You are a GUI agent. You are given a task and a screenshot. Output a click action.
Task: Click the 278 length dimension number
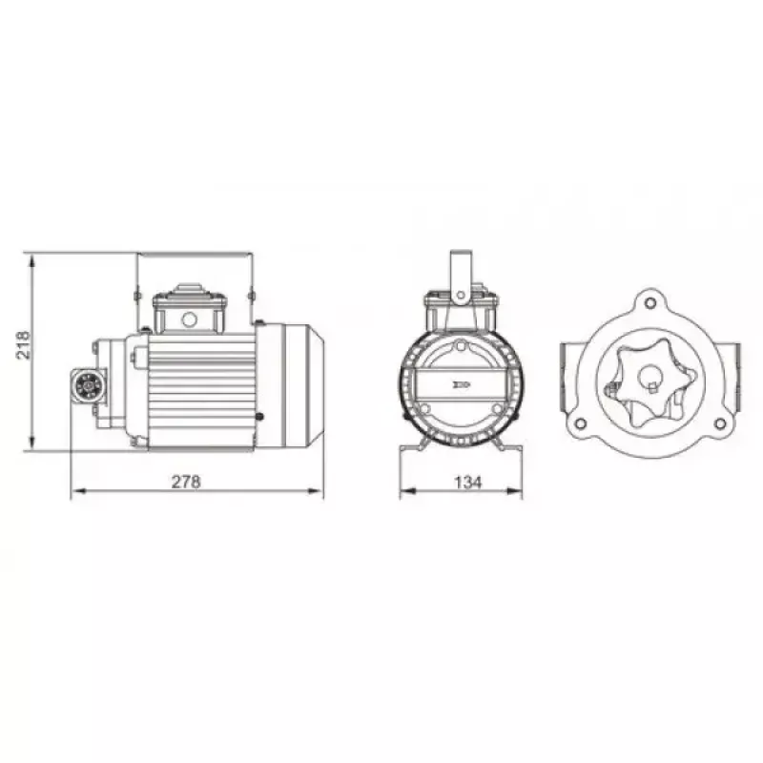pos(186,482)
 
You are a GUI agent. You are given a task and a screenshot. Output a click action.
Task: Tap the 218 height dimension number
pos(23,345)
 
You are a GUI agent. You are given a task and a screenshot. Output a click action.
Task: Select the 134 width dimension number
pos(467,483)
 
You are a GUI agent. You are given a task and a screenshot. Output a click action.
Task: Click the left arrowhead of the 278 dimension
pos(79,490)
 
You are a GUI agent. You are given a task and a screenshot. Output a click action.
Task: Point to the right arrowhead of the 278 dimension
pos(316,490)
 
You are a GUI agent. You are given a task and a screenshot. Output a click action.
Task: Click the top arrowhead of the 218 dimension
pos(32,261)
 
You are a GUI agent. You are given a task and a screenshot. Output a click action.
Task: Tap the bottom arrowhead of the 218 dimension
pos(32,443)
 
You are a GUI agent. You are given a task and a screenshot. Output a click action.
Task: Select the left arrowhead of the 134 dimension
pos(408,491)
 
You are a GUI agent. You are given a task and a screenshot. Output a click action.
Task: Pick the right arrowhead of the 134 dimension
pos(514,491)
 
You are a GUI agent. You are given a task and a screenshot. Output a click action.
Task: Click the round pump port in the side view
pos(89,386)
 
